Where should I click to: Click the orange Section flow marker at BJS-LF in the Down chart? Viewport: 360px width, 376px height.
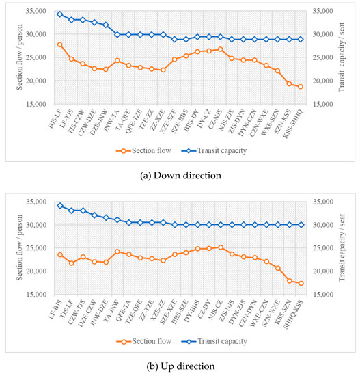(60, 44)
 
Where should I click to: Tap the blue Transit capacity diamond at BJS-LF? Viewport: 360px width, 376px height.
(60, 14)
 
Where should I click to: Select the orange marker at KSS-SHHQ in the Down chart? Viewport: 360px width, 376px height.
(300, 86)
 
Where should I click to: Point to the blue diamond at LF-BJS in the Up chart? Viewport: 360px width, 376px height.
(60, 205)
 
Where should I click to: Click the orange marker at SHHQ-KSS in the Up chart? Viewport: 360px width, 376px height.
(300, 283)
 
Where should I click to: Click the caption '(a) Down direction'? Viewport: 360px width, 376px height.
(180, 175)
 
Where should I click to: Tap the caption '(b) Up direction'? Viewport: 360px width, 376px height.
(180, 366)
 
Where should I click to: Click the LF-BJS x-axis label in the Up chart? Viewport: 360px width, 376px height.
(53, 308)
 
